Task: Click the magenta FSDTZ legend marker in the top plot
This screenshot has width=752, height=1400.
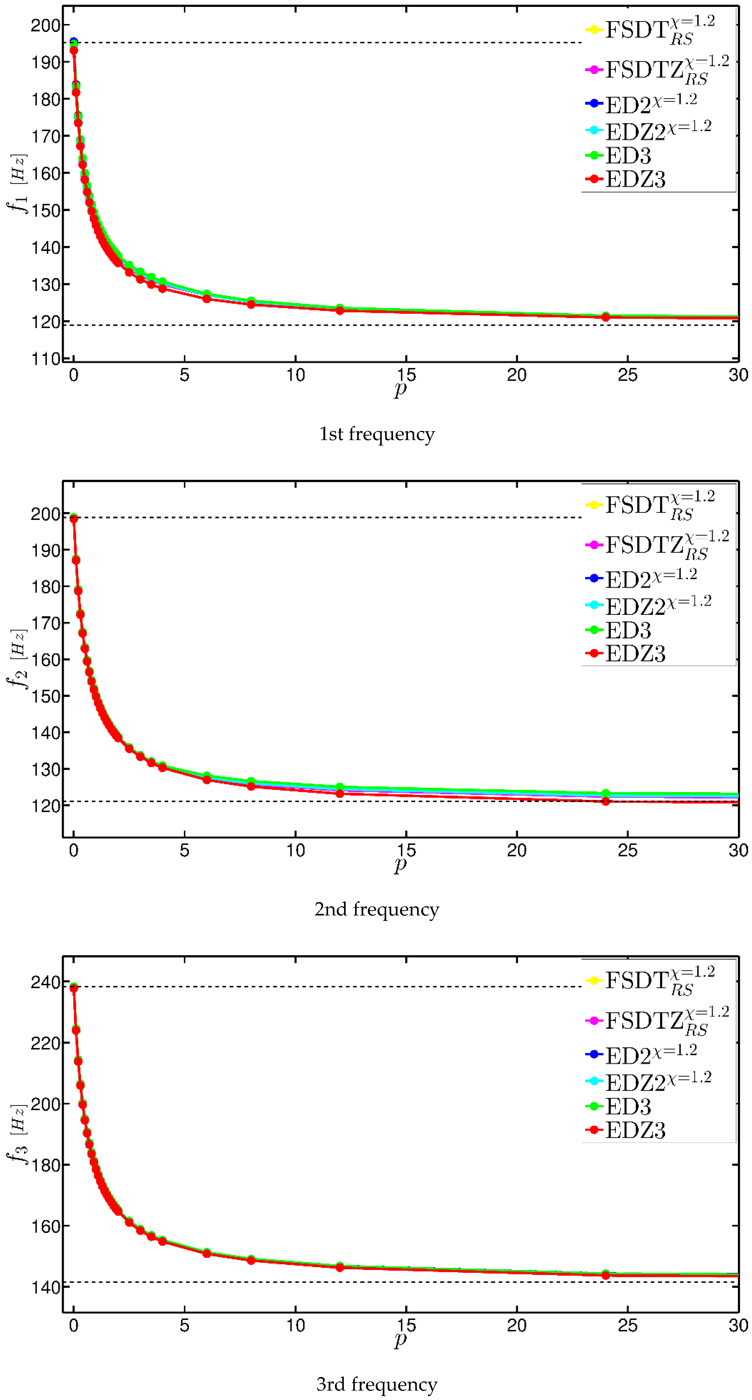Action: (x=594, y=70)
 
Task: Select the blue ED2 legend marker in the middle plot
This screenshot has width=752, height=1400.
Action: (x=594, y=578)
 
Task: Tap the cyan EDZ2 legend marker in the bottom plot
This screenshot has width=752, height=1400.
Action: (x=594, y=1081)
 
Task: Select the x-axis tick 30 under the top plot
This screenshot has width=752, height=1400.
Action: (x=738, y=375)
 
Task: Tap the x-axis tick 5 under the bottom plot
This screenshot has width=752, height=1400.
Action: (x=185, y=1325)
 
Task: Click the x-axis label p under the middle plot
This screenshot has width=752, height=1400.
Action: (x=400, y=864)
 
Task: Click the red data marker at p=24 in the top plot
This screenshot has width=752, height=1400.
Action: (x=605, y=317)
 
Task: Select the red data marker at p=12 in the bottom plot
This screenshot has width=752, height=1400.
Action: (x=340, y=1267)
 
